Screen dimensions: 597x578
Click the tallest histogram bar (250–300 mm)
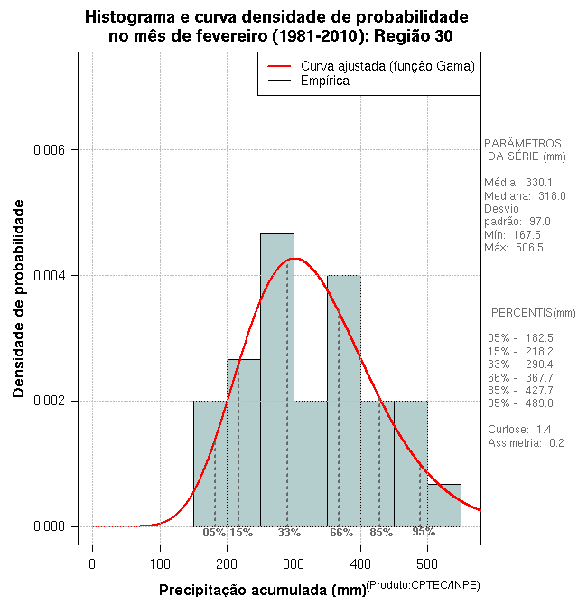pos(277,380)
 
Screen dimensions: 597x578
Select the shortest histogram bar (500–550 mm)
pos(444,506)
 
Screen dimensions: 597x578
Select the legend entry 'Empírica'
pos(324,81)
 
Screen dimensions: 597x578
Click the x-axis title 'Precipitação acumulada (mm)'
pos(263,590)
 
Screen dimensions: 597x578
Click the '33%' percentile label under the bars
pos(289,533)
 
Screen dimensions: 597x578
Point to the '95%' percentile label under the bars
pos(424,532)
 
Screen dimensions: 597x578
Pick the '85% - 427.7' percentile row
pos(520,390)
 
